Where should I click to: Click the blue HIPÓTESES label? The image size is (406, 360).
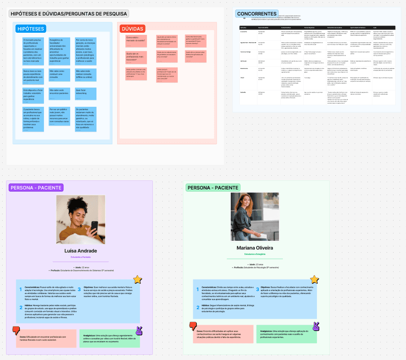[30, 29]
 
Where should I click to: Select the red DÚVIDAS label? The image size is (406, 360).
[133, 29]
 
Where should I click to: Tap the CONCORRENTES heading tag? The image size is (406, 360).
[257, 14]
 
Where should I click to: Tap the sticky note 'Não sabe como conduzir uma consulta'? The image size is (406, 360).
[60, 74]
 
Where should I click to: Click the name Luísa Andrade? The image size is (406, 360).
[81, 251]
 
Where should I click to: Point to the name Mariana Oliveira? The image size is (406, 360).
[255, 248]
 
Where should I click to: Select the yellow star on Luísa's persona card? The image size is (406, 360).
[137, 279]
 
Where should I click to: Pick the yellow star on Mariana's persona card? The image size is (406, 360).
[315, 279]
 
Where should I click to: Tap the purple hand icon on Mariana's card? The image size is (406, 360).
[316, 326]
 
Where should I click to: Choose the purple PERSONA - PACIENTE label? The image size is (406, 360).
[36, 188]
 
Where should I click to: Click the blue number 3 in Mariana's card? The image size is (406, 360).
[258, 289]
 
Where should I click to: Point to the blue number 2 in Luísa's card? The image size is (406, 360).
[20, 307]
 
